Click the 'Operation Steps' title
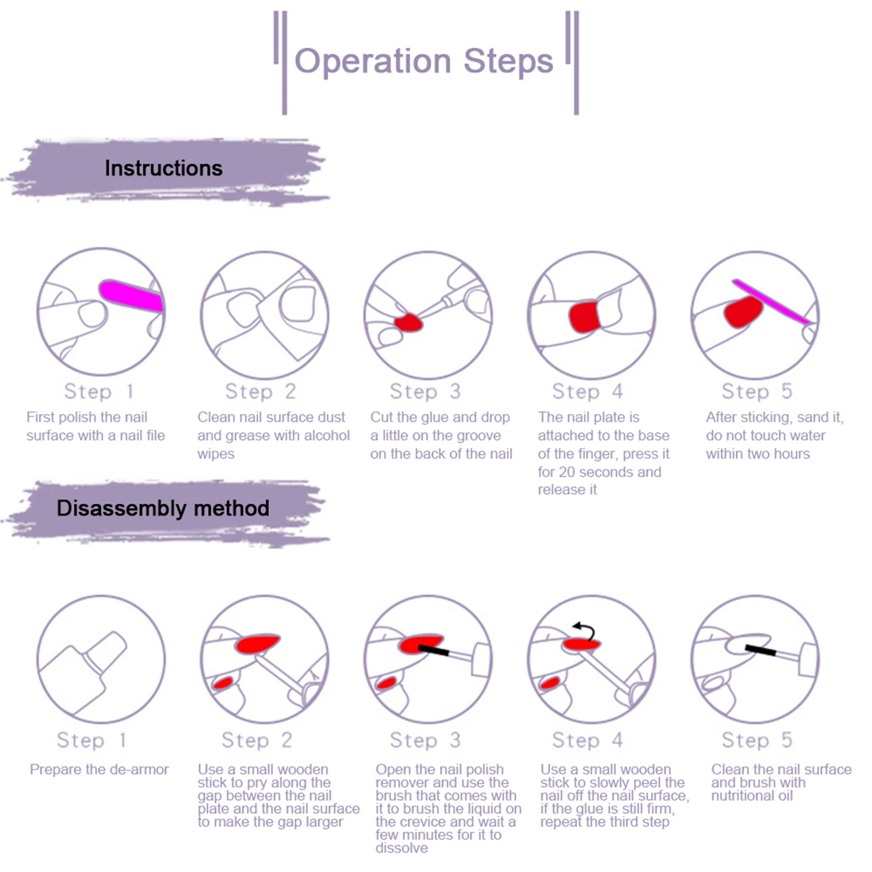[x=424, y=61]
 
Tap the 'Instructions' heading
[x=163, y=168]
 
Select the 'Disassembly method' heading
[x=163, y=508]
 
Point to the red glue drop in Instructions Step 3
[x=408, y=322]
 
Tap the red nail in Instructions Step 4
[x=584, y=316]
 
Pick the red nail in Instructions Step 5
[x=743, y=312]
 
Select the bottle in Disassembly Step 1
[x=87, y=670]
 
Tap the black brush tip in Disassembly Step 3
[x=434, y=649]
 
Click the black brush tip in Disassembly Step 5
[x=760, y=649]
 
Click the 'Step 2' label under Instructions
[x=260, y=392]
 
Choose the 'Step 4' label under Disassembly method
[x=587, y=740]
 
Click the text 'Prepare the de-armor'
[x=99, y=770]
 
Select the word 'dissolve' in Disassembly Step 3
[x=401, y=848]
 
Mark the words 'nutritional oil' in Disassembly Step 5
[x=752, y=796]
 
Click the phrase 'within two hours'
[x=758, y=454]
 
